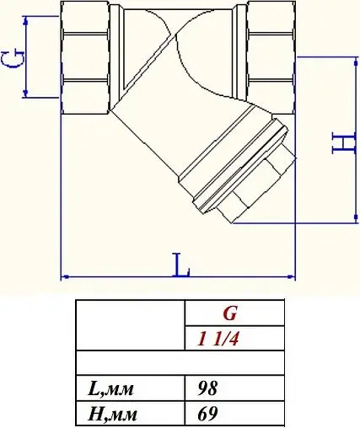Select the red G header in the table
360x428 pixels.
[x=230, y=314]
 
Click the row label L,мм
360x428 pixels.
[x=111, y=388]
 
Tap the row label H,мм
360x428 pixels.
[x=112, y=414]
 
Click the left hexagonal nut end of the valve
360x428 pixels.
[x=86, y=58]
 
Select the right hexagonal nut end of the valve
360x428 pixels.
[x=269, y=58]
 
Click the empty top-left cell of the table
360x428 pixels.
[x=130, y=325]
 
